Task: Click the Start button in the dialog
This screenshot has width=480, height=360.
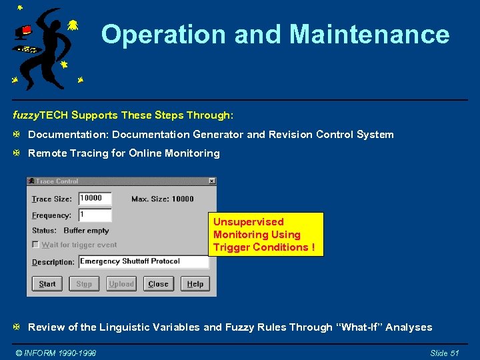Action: (x=47, y=284)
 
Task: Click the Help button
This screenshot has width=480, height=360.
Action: (x=195, y=284)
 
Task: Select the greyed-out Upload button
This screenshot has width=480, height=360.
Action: (x=121, y=284)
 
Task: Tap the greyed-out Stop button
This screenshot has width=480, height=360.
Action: (x=84, y=284)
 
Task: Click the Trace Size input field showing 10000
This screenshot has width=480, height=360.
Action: (x=95, y=199)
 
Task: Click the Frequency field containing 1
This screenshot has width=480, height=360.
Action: (x=95, y=215)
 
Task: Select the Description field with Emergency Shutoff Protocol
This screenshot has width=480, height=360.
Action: (x=143, y=262)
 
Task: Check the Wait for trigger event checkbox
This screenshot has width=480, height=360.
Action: (x=36, y=245)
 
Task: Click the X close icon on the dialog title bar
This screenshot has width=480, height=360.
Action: (x=211, y=181)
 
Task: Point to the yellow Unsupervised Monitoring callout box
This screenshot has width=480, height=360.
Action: (x=265, y=235)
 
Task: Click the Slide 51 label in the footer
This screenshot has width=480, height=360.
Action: (x=445, y=353)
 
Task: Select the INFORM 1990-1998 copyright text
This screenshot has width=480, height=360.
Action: (x=56, y=353)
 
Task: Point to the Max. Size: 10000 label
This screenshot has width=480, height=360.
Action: (x=163, y=199)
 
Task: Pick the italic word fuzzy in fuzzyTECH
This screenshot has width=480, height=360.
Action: (x=26, y=115)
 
